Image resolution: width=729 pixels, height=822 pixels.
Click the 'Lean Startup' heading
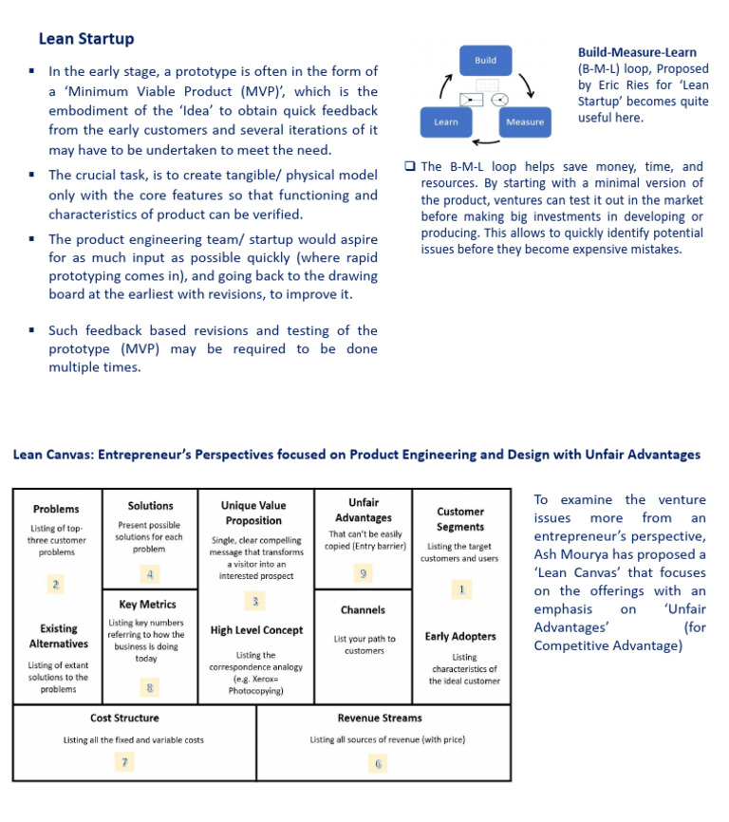86,40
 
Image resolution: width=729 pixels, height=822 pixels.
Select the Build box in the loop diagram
485,61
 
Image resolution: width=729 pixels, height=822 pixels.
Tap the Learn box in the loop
446,121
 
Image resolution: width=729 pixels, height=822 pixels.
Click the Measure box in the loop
525,121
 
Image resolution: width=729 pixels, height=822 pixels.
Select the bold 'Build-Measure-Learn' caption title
637,52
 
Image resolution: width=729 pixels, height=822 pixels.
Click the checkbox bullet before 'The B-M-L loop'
410,166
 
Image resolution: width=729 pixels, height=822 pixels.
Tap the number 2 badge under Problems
57,584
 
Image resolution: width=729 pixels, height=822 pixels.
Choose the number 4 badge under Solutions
151,573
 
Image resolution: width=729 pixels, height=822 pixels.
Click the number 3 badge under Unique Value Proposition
253,601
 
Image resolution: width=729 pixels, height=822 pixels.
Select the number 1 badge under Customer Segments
461,589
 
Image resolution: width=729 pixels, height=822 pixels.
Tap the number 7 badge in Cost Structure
124,761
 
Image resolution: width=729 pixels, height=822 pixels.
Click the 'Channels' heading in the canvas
364,610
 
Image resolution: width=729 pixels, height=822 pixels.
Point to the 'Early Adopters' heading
460,636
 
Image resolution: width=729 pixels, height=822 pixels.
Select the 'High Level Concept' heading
256,630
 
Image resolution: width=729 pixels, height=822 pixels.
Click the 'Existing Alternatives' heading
58,636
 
